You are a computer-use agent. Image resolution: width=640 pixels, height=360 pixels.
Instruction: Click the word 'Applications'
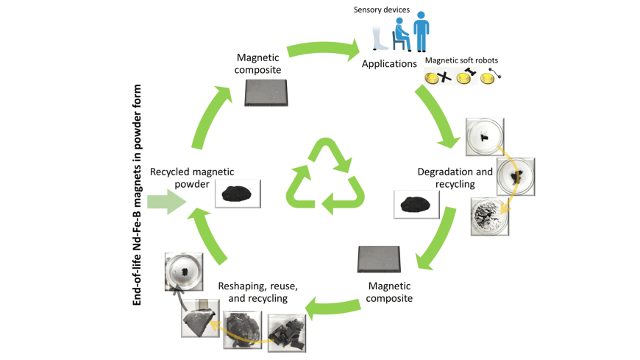pyautogui.click(x=389, y=64)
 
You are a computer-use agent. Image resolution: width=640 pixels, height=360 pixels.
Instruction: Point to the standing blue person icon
pyautogui.click(x=420, y=32)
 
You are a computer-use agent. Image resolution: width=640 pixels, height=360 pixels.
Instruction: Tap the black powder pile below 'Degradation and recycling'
pyautogui.click(x=416, y=203)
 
